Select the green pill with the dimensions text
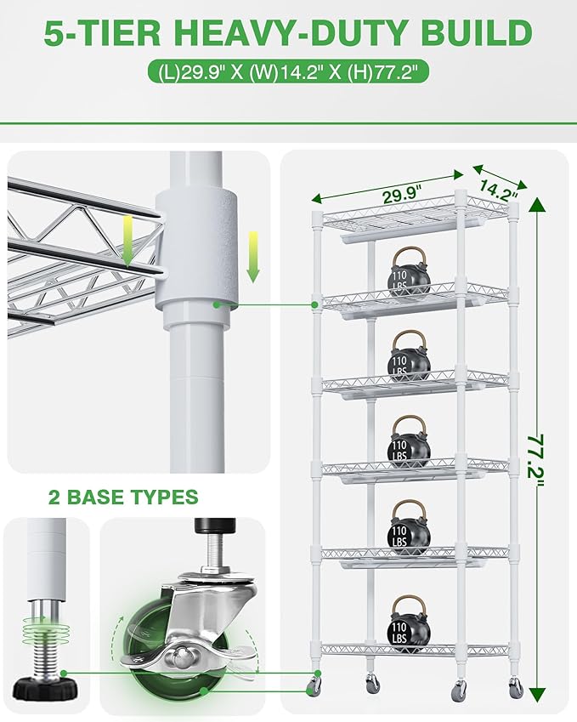click(288, 71)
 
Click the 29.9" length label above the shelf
click(402, 194)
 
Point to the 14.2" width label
click(498, 190)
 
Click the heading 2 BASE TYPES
click(123, 497)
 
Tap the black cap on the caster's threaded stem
click(215, 525)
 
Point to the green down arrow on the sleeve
click(252, 257)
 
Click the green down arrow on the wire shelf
click(128, 241)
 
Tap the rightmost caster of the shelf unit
click(516, 686)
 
